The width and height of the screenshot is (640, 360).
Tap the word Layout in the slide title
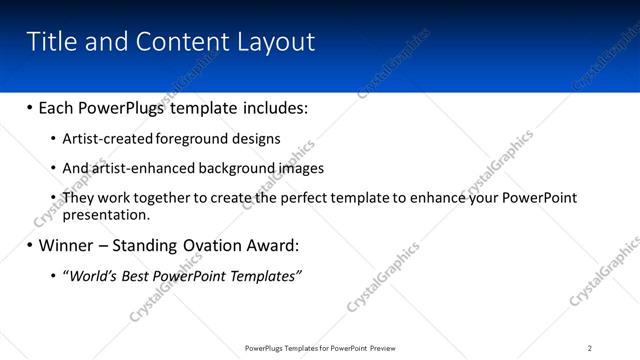click(x=276, y=42)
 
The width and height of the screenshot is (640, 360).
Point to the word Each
click(x=58, y=107)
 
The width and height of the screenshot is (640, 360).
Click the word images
click(x=302, y=168)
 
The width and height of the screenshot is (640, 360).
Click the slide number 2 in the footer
click(x=590, y=348)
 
